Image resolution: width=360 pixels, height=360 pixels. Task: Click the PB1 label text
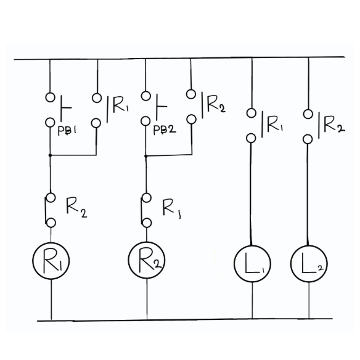coord(67,131)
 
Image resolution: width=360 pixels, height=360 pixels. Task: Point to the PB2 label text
coord(165,130)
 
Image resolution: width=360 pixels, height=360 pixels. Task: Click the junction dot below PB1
coord(50,155)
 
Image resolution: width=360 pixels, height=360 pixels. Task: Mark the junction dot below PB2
coord(146,156)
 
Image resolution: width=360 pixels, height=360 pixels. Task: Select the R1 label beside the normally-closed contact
coord(172,209)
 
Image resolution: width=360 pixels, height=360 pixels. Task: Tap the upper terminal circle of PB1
coord(50,97)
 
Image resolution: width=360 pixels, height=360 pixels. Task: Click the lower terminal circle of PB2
coord(145,121)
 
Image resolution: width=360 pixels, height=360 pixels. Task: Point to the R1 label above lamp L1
coord(274,124)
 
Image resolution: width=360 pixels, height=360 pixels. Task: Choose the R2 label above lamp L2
coord(334,125)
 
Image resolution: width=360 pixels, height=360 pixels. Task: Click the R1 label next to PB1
coord(120,105)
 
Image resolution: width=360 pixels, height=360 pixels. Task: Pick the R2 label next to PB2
coord(216,104)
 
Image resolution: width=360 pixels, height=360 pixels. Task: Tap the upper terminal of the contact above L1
coord(252,113)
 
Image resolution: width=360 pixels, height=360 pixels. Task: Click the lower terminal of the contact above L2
coord(308,139)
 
